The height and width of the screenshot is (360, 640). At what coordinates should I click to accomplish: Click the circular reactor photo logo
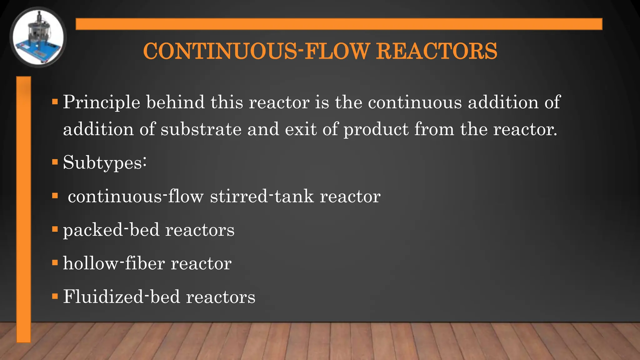(x=38, y=37)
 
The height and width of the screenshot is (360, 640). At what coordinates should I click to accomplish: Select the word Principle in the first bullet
(x=102, y=102)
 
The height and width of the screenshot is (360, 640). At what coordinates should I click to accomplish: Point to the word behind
(x=175, y=102)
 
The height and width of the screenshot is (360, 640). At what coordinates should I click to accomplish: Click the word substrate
(x=201, y=129)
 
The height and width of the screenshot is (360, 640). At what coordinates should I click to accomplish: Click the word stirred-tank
(x=262, y=196)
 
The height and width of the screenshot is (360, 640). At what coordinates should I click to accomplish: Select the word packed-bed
(x=111, y=230)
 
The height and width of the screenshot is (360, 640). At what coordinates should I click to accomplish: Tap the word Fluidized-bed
(x=122, y=297)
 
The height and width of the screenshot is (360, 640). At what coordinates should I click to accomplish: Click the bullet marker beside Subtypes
(x=55, y=162)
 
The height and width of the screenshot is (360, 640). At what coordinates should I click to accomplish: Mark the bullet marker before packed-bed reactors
(x=55, y=229)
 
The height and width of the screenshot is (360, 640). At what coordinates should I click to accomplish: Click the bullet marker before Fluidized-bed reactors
(x=55, y=296)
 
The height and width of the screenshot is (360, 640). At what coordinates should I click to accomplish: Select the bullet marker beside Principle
(x=55, y=102)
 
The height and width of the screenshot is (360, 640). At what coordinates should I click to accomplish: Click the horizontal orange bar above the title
(x=339, y=24)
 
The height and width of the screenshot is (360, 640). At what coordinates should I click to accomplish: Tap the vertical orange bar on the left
(x=23, y=209)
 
